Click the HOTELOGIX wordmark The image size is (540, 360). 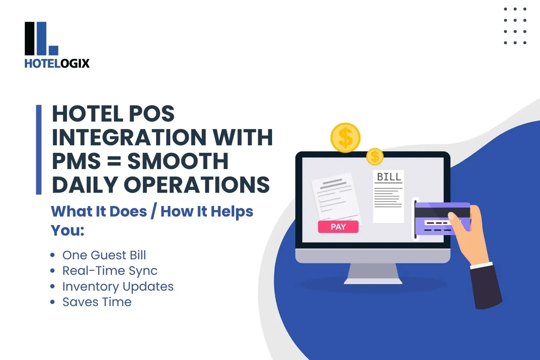click(x=57, y=63)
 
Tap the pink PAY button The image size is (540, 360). click(x=338, y=227)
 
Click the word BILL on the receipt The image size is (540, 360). click(x=389, y=177)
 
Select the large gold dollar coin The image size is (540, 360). click(x=346, y=138)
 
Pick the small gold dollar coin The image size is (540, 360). click(x=375, y=157)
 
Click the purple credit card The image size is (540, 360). click(x=442, y=219)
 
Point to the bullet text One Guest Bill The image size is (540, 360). click(x=104, y=255)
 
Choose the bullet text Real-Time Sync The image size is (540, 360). click(x=110, y=271)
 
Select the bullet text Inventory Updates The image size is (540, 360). click(x=118, y=287)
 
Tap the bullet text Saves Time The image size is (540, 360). click(x=97, y=302)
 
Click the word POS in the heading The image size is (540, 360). click(x=152, y=113)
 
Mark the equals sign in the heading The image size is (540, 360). click(x=114, y=161)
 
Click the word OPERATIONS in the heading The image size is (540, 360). click(x=197, y=184)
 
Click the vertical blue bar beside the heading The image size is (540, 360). click(x=39, y=149)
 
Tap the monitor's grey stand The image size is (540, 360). click(x=373, y=274)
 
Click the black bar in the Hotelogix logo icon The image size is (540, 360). click(x=30, y=39)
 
